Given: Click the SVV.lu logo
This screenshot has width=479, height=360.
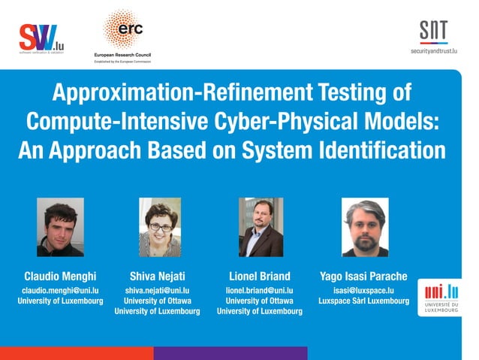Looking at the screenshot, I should tap(41, 37).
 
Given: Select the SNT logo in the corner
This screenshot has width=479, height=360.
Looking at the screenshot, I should tap(433, 31).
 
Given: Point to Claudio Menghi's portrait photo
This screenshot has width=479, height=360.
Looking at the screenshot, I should tap(60, 227).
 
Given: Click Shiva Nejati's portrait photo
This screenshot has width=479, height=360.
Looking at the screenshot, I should tap(160, 227).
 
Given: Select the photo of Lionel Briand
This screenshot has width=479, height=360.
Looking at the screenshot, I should tap(261, 227).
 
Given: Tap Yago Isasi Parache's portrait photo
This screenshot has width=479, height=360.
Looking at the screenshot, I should tap(365, 227).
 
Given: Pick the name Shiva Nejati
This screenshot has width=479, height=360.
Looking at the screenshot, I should tap(157, 274).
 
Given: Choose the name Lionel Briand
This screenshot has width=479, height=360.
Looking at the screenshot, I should tap(259, 274).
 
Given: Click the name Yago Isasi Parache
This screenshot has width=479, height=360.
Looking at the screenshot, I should tap(364, 274).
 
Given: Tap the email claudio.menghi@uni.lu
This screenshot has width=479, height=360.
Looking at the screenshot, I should tap(61, 289).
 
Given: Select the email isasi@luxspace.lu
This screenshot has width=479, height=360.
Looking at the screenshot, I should tap(364, 289).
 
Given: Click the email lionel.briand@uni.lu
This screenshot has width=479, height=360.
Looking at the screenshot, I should tap(259, 289).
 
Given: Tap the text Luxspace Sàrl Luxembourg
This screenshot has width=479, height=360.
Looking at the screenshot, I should tap(364, 301).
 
